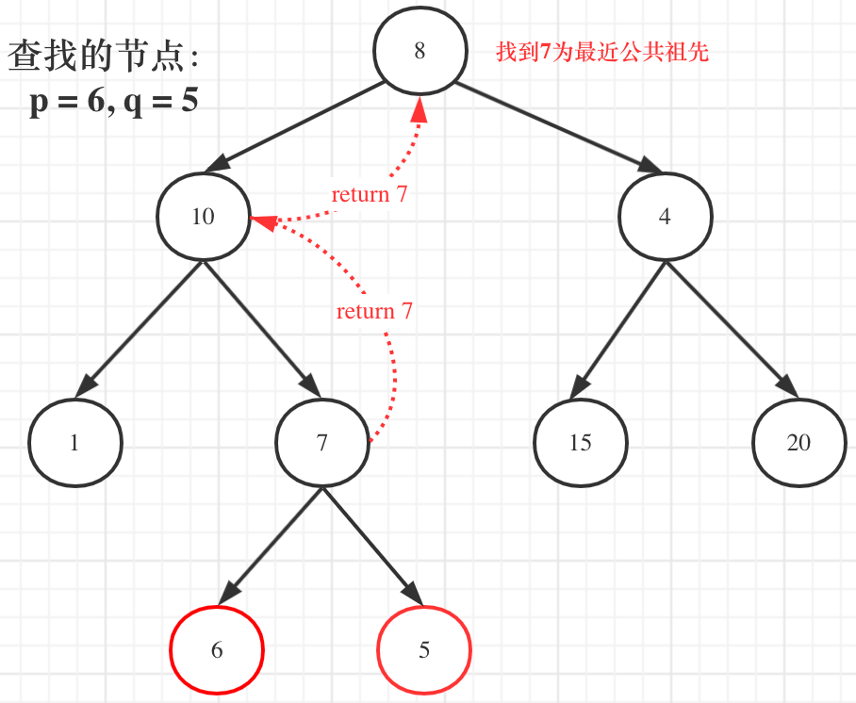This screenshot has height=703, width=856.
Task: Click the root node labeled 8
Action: pyautogui.click(x=420, y=51)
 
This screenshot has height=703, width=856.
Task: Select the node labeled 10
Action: pyautogui.click(x=203, y=217)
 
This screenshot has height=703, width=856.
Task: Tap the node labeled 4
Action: pyautogui.click(x=665, y=217)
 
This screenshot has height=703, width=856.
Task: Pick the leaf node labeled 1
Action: pyautogui.click(x=74, y=443)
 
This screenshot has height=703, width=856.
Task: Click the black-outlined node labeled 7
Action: pyautogui.click(x=322, y=443)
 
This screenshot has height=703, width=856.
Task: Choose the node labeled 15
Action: pyautogui.click(x=580, y=443)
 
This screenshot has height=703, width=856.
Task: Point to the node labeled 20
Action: pyautogui.click(x=798, y=443)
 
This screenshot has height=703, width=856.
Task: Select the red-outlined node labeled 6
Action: pyautogui.click(x=217, y=650)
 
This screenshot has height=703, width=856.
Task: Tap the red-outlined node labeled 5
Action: pyautogui.click(x=423, y=650)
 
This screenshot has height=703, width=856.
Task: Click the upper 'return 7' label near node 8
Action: pyautogui.click(x=369, y=195)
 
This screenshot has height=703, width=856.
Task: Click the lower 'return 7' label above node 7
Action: pyautogui.click(x=374, y=311)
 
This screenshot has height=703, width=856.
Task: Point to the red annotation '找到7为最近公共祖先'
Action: pyautogui.click(x=602, y=53)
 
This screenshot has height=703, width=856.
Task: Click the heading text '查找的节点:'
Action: pyautogui.click(x=104, y=57)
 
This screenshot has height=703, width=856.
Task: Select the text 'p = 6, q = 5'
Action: pyautogui.click(x=114, y=101)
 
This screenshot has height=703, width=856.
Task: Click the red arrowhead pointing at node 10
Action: pyautogui.click(x=263, y=222)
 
